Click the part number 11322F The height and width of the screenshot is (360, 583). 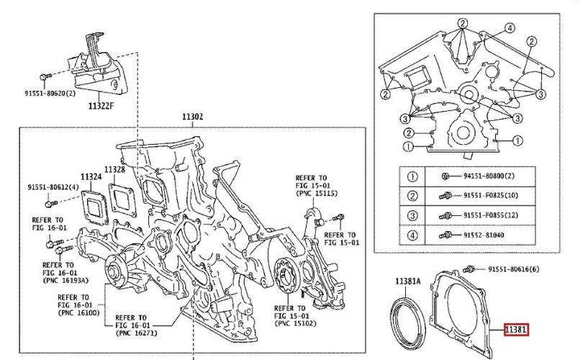coord(102,106)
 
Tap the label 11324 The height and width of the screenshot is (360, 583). coord(91,176)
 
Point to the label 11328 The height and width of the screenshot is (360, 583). coord(115,170)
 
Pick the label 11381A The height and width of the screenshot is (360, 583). coord(407,281)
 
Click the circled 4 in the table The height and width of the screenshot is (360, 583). coord(412,234)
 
